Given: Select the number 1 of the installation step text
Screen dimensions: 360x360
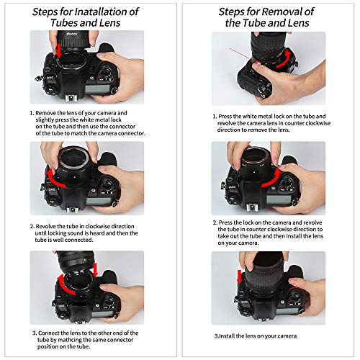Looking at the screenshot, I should click(x=32, y=114).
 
